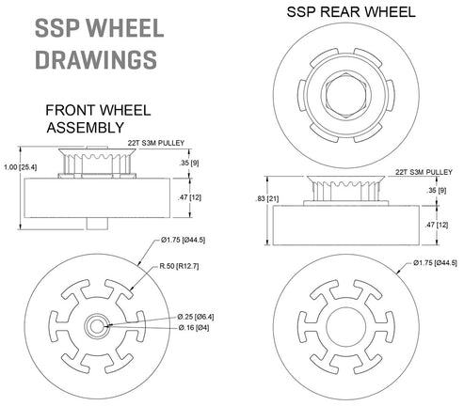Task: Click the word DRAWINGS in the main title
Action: pyautogui.click(x=95, y=58)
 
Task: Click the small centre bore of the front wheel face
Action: pyautogui.click(x=96, y=324)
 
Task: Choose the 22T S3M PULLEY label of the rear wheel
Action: pyautogui.click(x=420, y=172)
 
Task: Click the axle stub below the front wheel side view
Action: pyautogui.click(x=96, y=223)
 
